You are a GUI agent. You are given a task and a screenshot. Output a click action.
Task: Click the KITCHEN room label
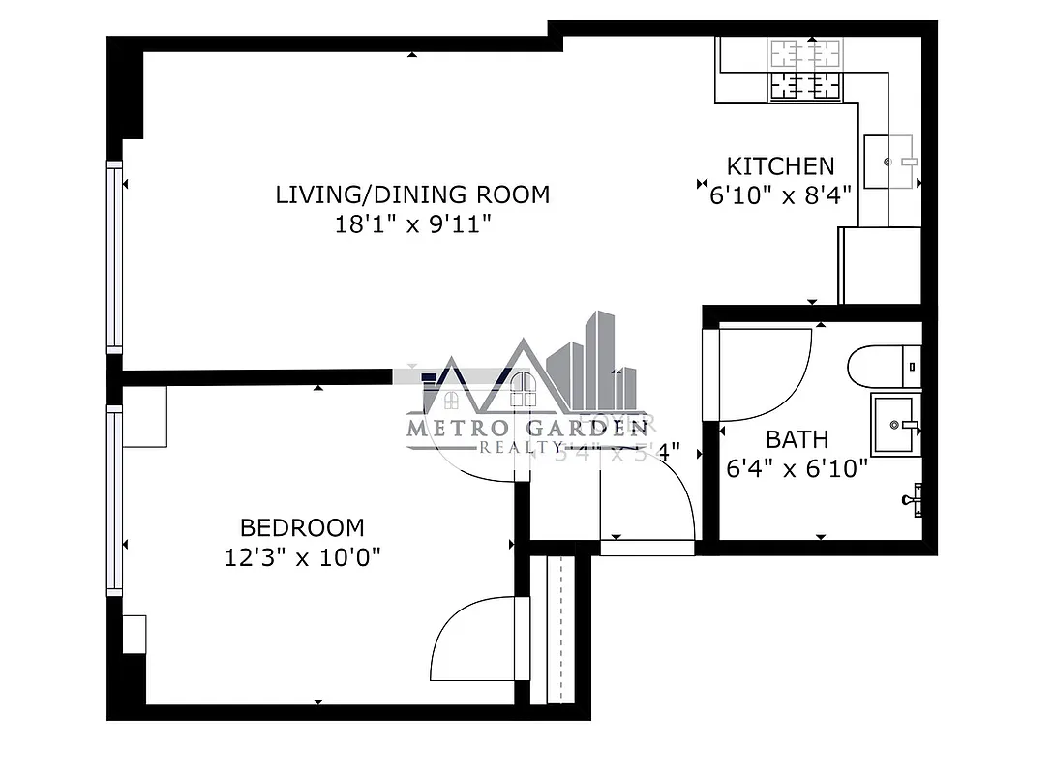(x=780, y=165)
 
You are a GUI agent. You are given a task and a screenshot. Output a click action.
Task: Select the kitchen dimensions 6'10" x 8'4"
(x=780, y=195)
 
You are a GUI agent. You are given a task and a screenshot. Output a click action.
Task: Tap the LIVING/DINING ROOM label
(x=412, y=194)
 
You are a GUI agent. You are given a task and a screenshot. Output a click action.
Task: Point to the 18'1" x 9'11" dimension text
(x=412, y=225)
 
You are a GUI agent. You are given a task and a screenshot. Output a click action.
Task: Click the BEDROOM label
(x=302, y=528)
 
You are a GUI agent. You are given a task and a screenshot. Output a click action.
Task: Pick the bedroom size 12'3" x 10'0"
(x=302, y=558)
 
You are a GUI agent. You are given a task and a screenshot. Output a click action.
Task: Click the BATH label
(x=797, y=440)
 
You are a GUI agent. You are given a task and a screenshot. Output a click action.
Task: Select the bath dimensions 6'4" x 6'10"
(x=797, y=470)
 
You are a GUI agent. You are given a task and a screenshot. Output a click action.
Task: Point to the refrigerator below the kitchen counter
(x=879, y=265)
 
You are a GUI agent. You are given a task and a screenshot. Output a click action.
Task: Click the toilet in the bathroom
(x=883, y=368)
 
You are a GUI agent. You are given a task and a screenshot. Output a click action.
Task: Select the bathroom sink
(x=896, y=424)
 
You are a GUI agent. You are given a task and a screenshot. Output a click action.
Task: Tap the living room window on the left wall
(x=115, y=256)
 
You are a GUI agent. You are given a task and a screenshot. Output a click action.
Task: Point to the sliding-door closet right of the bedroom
(x=560, y=629)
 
